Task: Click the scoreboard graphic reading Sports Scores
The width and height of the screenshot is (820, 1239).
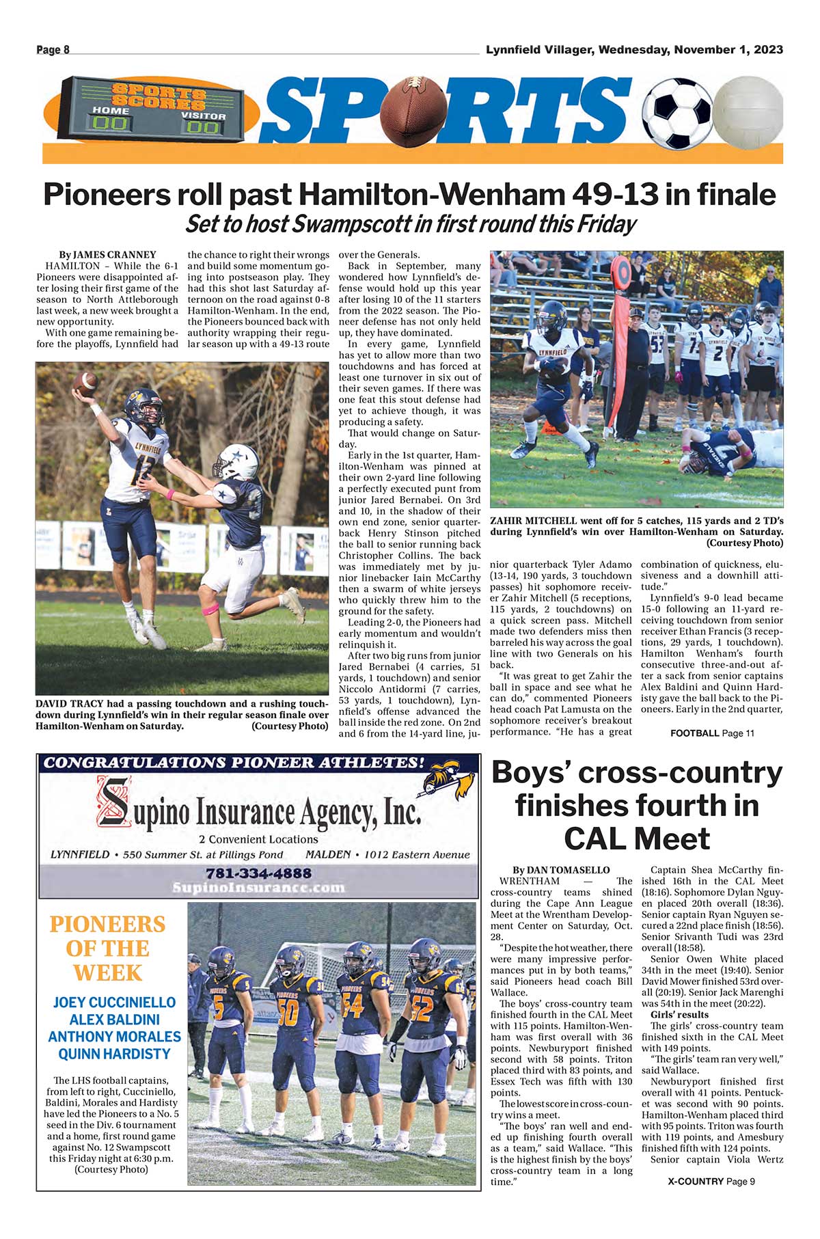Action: coord(159,109)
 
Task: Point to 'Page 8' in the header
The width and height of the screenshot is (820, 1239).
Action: coord(53,49)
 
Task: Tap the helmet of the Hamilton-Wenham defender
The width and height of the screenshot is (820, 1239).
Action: coord(236,462)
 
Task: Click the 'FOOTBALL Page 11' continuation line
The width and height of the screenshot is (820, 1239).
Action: coord(712,733)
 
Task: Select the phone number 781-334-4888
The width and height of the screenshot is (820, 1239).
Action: coord(258,873)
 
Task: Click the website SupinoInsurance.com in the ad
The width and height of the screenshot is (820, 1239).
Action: coord(258,888)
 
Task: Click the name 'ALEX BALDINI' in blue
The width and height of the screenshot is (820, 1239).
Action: coord(114,1020)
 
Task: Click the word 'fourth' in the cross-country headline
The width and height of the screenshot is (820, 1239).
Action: coord(705,805)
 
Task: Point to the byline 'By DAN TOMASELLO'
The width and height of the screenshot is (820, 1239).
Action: coord(561,870)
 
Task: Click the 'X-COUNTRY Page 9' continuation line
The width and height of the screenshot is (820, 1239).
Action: coord(711,1182)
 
